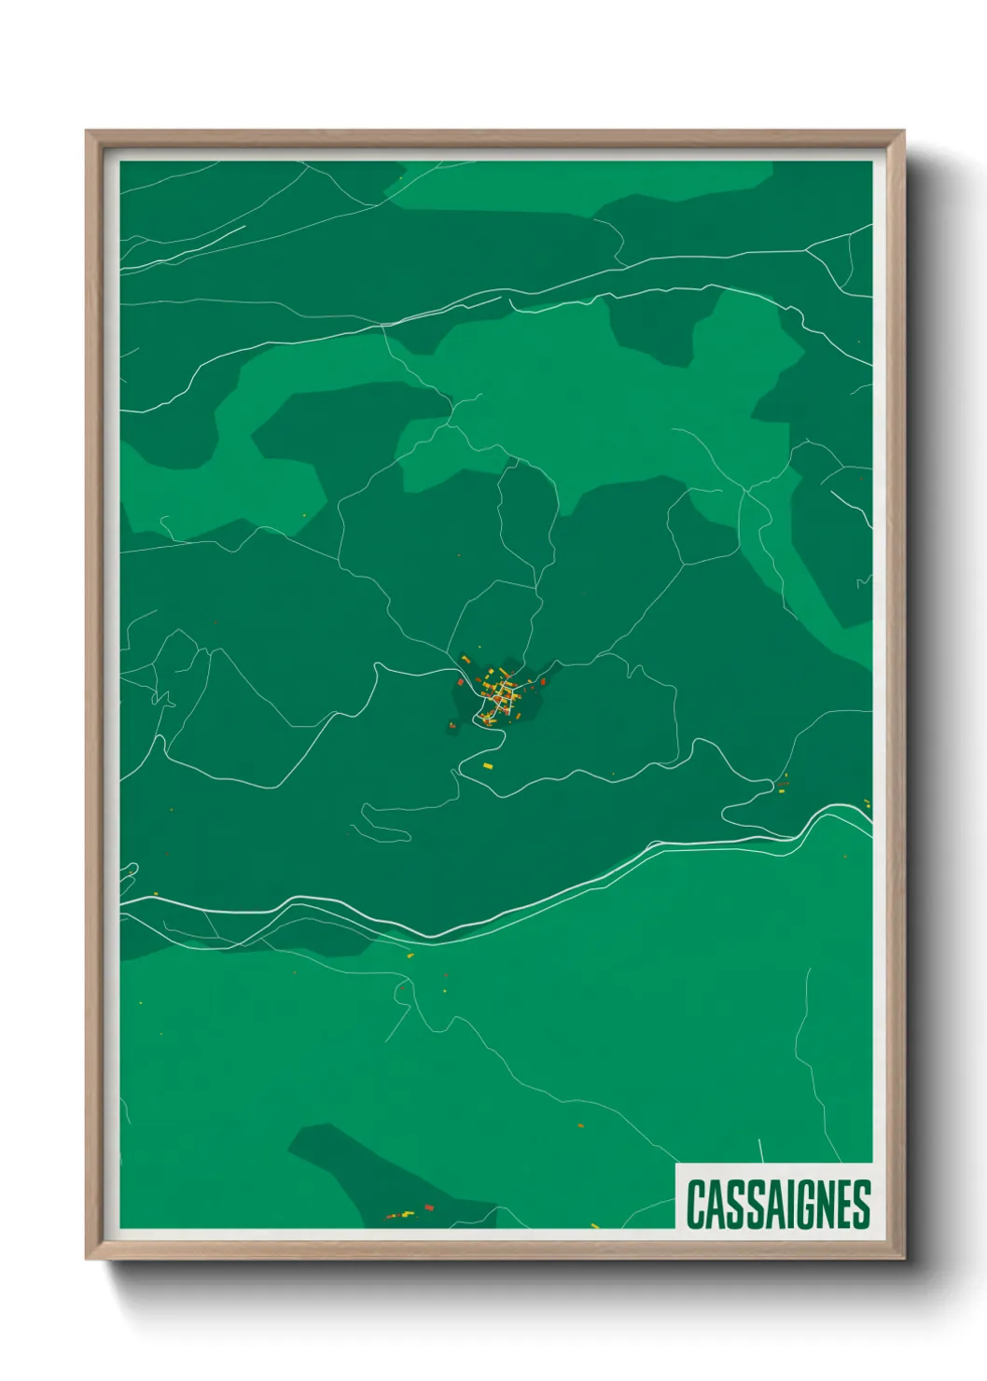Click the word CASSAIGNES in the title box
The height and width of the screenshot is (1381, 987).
(x=778, y=1204)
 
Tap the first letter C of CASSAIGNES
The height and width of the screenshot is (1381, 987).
(x=696, y=1204)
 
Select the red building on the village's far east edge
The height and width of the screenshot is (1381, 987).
(x=542, y=682)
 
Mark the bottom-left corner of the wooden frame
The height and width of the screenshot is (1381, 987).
(x=88, y=1258)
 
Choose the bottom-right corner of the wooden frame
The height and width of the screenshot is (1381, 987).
(x=903, y=1258)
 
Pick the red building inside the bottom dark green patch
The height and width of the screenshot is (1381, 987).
(x=428, y=1207)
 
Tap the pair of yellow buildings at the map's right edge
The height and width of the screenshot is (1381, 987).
(x=867, y=802)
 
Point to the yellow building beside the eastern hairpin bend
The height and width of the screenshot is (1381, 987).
(x=783, y=788)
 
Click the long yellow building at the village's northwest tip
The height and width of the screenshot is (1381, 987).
(x=466, y=660)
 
